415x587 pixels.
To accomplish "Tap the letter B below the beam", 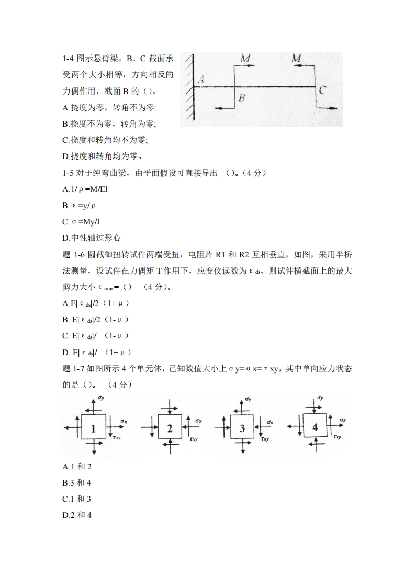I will tap(242, 97).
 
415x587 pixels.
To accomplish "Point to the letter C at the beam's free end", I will tap(323, 90).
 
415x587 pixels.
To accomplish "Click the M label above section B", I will tap(245, 58).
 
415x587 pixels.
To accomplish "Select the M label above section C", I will tap(297, 58).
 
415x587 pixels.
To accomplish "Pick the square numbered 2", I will tap(170, 428).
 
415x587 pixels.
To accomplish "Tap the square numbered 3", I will tap(242, 428).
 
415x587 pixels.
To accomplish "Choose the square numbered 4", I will tap(315, 427).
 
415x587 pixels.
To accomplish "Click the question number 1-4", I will tap(70, 59).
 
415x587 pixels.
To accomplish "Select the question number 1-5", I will tap(70, 172).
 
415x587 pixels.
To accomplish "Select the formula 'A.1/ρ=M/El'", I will tap(85, 189).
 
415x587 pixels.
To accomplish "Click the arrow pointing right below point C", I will tap(328, 108).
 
